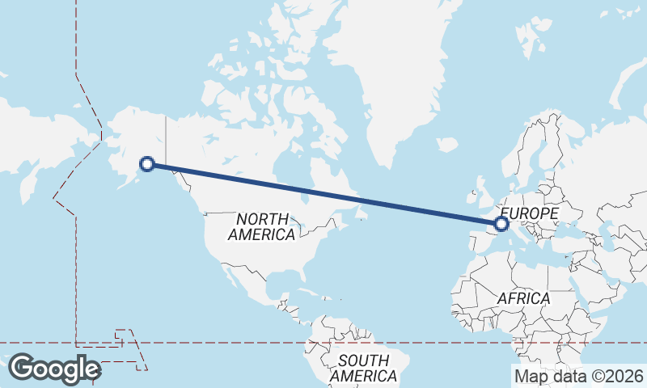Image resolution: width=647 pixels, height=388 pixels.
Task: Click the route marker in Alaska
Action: coord(147,163)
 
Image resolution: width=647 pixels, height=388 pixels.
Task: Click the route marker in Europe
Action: coord(501,223)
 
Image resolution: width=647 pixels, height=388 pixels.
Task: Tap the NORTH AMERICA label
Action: coord(261,227)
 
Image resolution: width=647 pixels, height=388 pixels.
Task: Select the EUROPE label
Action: coord(531,213)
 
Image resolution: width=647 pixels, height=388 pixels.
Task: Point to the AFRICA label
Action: coord(523,298)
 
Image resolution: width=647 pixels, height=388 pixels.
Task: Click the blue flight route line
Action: coord(323,193)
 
